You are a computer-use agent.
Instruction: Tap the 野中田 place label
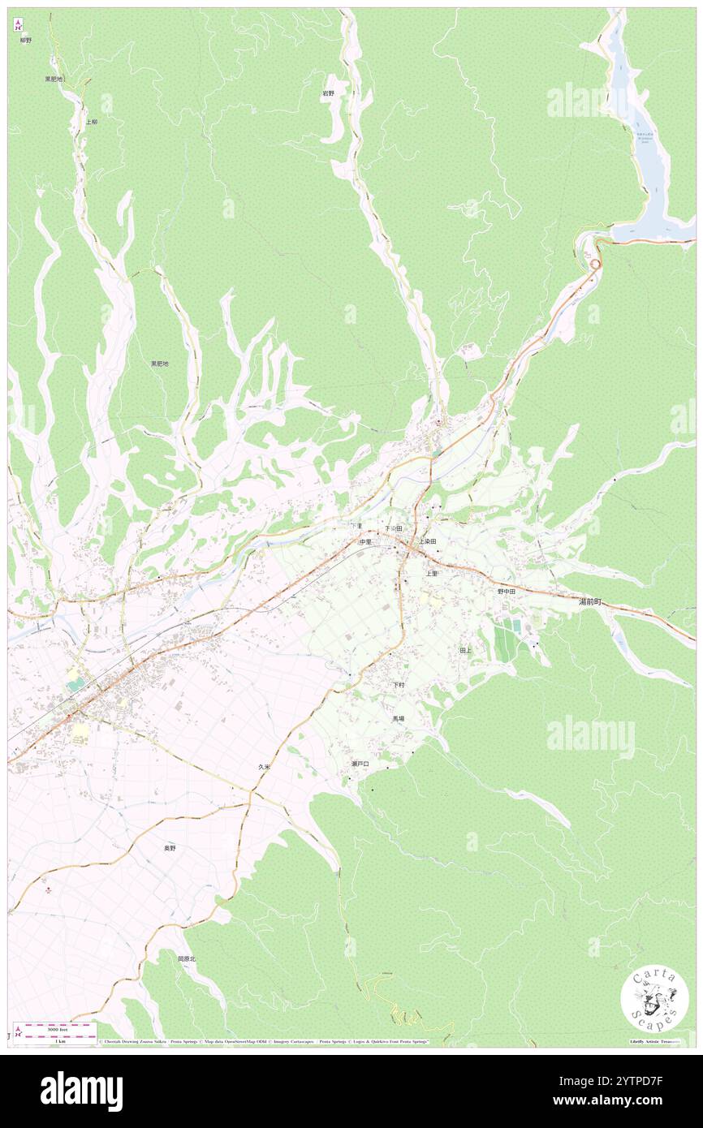507,592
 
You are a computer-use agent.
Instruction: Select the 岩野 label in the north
328,94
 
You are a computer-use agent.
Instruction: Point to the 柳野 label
26,40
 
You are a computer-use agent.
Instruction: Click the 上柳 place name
91,122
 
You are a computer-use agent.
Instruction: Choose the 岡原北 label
187,958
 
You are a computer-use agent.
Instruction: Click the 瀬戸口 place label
360,764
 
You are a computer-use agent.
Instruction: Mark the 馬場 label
399,719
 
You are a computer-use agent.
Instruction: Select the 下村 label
399,685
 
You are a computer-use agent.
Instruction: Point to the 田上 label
465,651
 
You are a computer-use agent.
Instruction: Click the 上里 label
431,573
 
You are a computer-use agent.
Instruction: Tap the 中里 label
365,541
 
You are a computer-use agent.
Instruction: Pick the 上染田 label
428,540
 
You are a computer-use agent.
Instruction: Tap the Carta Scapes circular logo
654,1000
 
